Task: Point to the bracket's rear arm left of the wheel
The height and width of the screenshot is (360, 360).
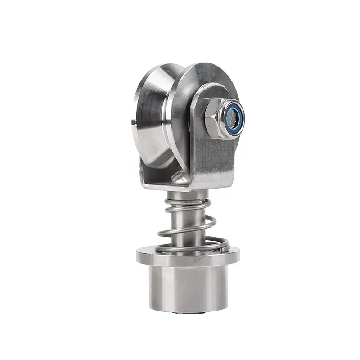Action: click(x=145, y=173)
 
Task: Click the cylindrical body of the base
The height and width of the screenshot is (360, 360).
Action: click(x=189, y=288)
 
